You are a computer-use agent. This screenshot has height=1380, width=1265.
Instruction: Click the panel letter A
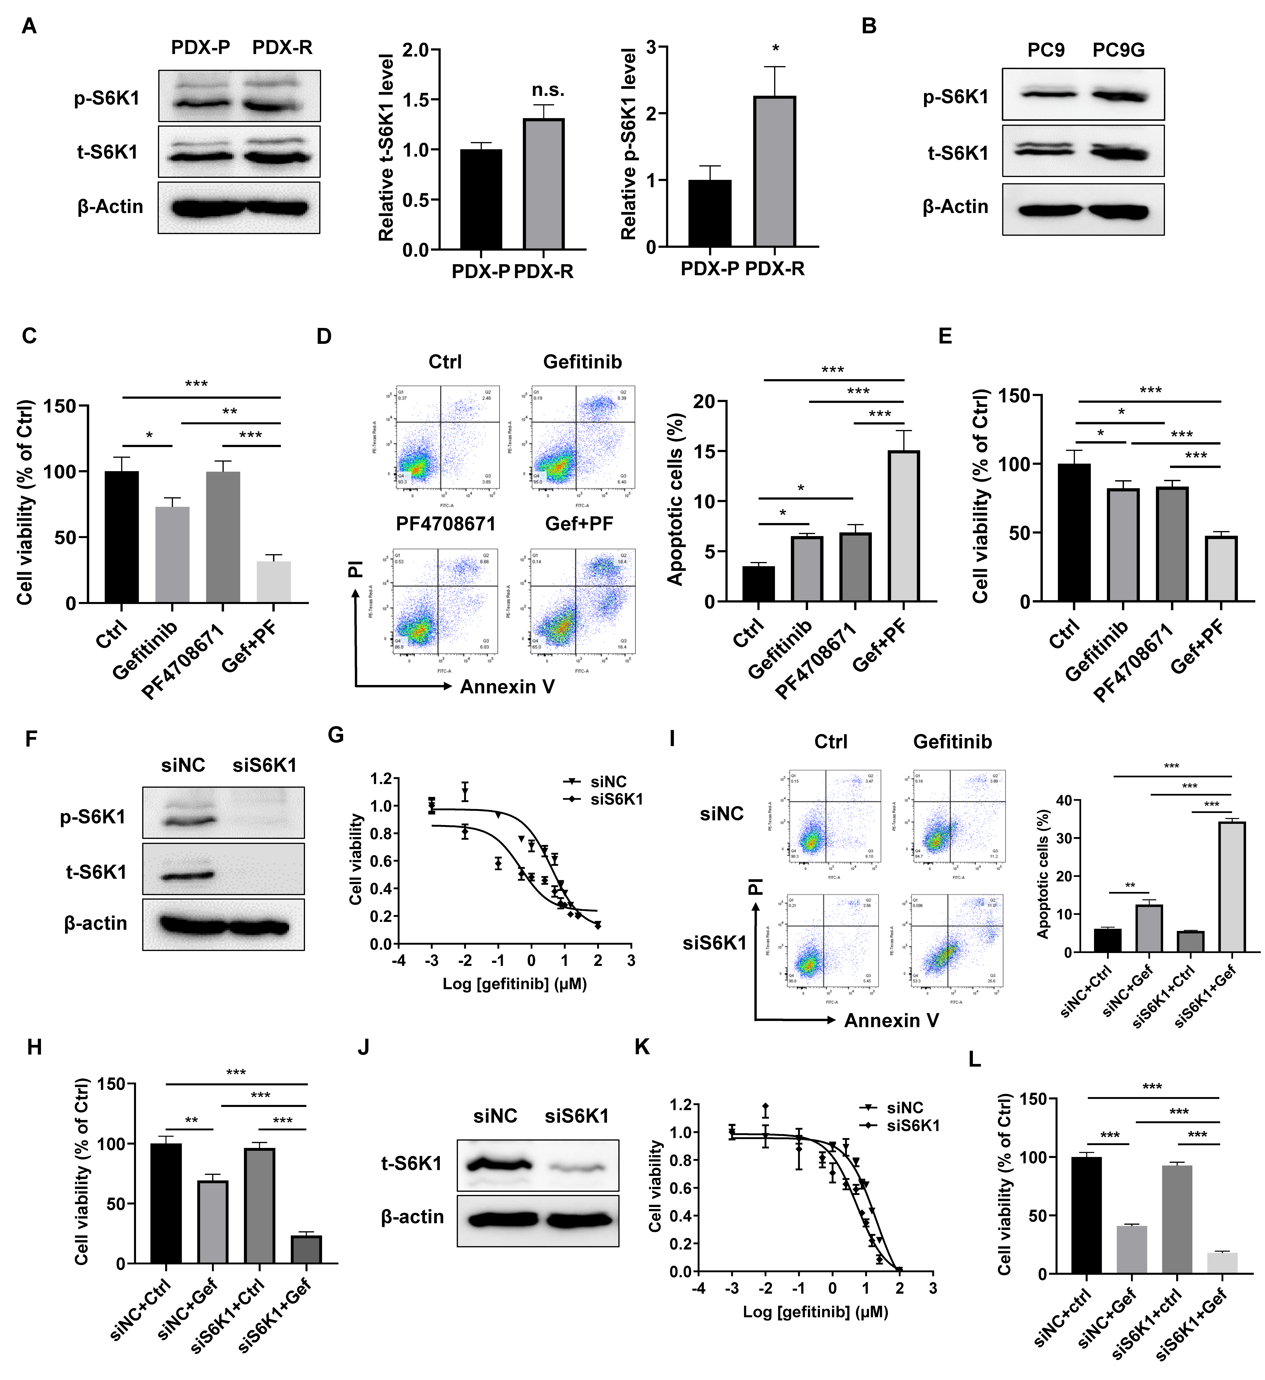[x=29, y=26]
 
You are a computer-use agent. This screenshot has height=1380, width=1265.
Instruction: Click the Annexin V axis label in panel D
[x=507, y=687]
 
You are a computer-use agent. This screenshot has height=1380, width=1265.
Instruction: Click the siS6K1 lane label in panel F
[x=264, y=765]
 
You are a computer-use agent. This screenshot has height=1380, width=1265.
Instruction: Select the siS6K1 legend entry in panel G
[x=616, y=799]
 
